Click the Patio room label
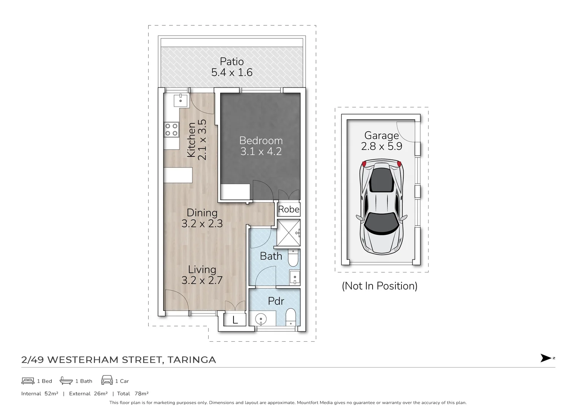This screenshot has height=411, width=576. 232,61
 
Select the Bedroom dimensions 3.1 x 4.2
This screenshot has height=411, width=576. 261,151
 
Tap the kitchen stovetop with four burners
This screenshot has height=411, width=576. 171,129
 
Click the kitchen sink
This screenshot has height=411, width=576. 180,100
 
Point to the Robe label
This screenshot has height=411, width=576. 289,209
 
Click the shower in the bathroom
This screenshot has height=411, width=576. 289,233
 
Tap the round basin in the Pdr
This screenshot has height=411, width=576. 260,318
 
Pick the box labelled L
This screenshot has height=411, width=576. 235,320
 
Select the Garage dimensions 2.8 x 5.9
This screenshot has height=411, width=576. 381,147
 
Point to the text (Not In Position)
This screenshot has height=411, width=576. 379,286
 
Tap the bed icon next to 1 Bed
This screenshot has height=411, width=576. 28,381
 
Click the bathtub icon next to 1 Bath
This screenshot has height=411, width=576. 66,381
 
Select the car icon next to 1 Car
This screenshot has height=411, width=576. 107,381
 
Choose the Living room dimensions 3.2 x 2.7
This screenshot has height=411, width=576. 202,280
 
